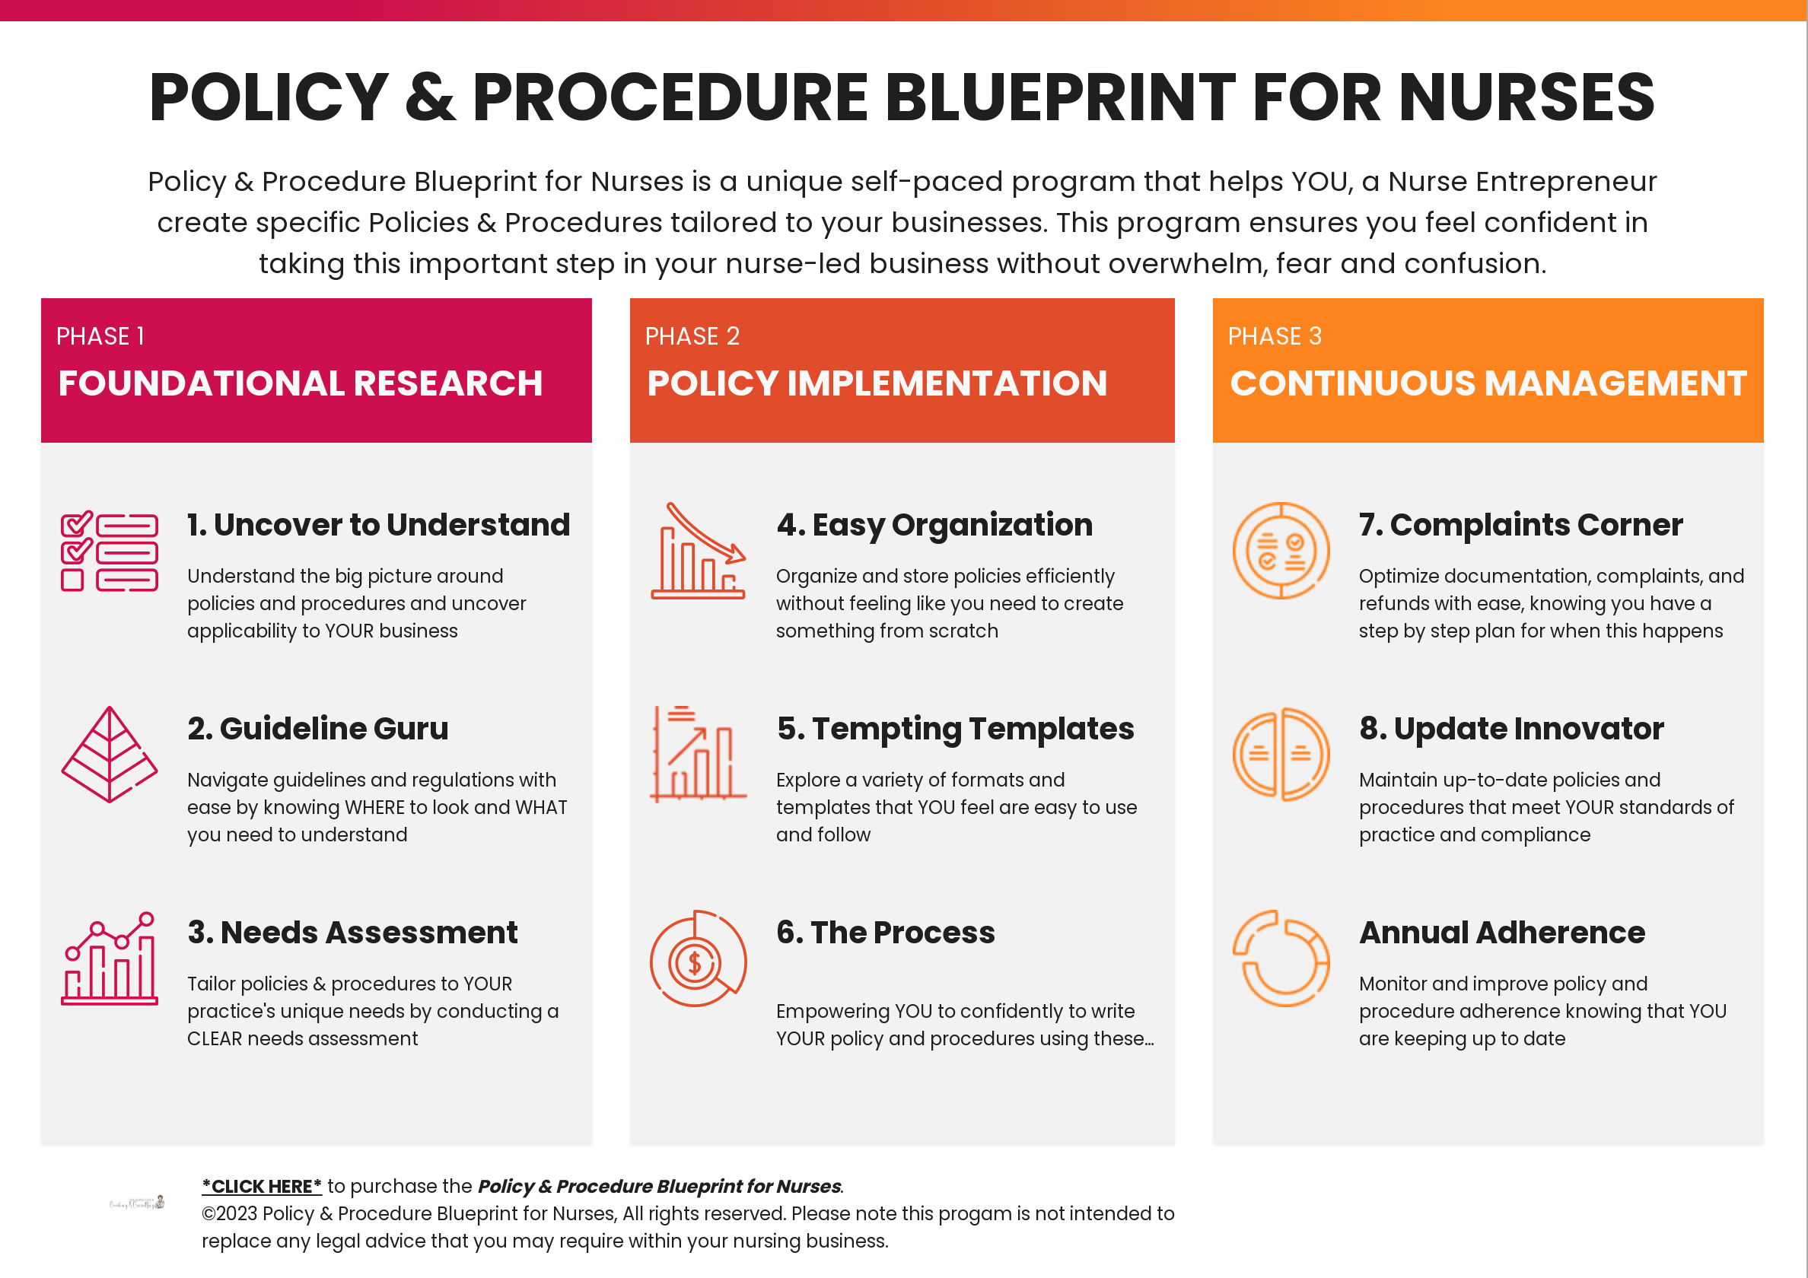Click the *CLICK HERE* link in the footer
[262, 1186]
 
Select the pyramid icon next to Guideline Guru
[110, 755]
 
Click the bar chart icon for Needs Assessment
[110, 958]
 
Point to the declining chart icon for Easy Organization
[699, 551]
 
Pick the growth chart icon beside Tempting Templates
[699, 755]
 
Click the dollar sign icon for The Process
[696, 962]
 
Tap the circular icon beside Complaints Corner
[1281, 551]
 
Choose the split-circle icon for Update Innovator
[1281, 755]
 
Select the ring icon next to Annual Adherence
[1281, 958]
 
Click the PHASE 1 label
[100, 336]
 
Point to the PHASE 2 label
[692, 336]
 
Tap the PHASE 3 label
[1275, 336]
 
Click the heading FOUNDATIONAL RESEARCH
[300, 383]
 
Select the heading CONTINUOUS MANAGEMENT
[1488, 383]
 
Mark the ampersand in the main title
[430, 97]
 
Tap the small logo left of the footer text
[137, 1203]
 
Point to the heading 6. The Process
[885, 933]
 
